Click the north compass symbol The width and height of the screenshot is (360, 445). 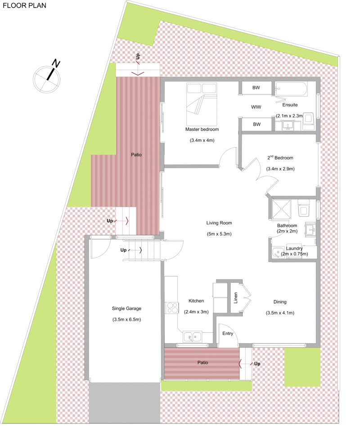click(47, 77)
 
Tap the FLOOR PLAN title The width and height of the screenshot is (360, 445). click(24, 5)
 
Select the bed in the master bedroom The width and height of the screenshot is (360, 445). click(202, 104)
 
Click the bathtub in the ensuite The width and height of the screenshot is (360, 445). click(291, 89)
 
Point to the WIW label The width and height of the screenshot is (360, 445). click(256, 107)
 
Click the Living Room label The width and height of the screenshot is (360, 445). click(219, 223)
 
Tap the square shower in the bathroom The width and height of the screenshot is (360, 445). click(281, 209)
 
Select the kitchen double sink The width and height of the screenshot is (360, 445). click(192, 337)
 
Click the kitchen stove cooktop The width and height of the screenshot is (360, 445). click(172, 308)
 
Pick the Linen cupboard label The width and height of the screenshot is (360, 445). click(235, 298)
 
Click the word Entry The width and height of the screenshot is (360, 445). click(228, 333)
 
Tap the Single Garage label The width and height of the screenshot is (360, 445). click(126, 309)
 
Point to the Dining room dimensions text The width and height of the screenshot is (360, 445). click(280, 313)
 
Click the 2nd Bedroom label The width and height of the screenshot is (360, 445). click(280, 158)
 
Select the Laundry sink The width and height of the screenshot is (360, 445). click(278, 253)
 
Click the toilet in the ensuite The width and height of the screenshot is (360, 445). click(308, 121)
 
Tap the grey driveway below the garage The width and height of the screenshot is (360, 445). click(125, 403)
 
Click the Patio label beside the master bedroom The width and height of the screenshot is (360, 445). click(136, 154)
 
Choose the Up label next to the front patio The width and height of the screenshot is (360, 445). click(257, 364)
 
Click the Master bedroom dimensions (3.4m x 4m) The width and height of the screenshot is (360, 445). click(202, 140)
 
